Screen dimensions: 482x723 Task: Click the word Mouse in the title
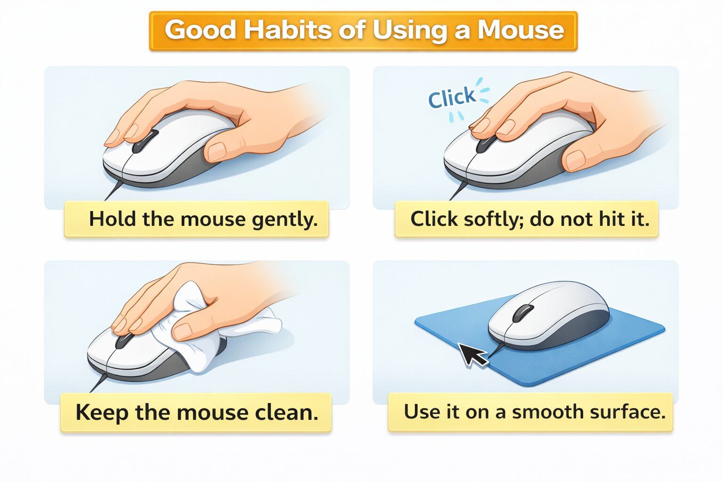click(521, 30)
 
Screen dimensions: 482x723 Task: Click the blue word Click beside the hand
click(451, 97)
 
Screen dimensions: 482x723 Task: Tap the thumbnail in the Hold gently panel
click(217, 152)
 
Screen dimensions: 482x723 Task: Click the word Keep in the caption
click(101, 413)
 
